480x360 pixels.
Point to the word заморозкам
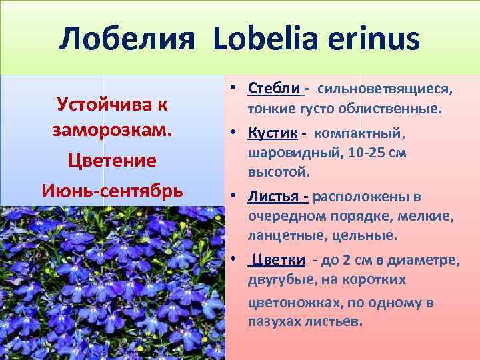(112, 131)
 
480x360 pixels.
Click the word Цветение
(112, 161)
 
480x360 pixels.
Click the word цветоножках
(288, 302)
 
